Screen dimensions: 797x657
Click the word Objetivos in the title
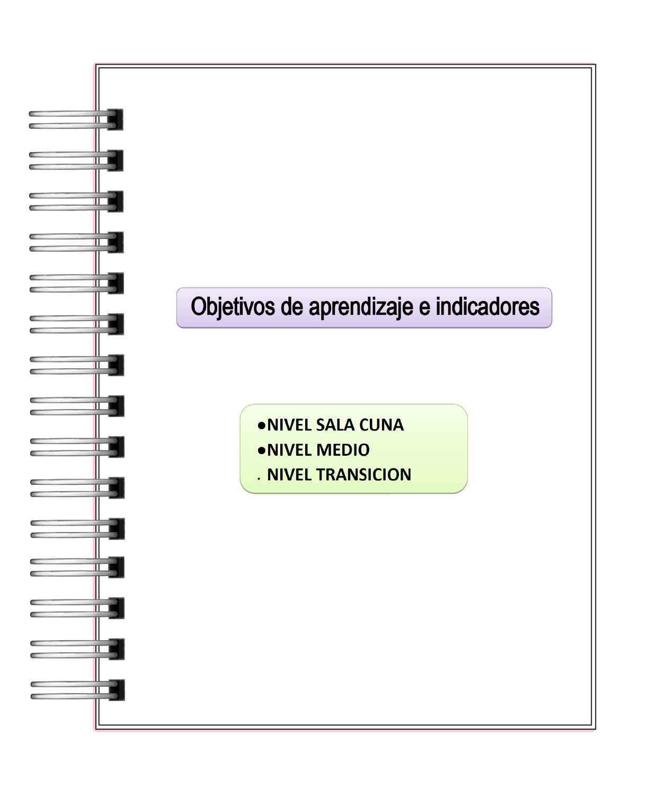pos(233,307)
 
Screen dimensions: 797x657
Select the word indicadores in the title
pos(487,307)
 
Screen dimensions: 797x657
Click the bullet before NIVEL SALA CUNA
pos(261,426)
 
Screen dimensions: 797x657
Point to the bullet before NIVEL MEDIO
pos(261,450)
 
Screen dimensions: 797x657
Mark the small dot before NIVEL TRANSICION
pos(259,479)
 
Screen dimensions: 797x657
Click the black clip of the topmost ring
pos(116,120)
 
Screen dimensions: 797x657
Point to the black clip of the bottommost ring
pos(117,690)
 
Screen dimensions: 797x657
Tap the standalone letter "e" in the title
pos(424,308)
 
